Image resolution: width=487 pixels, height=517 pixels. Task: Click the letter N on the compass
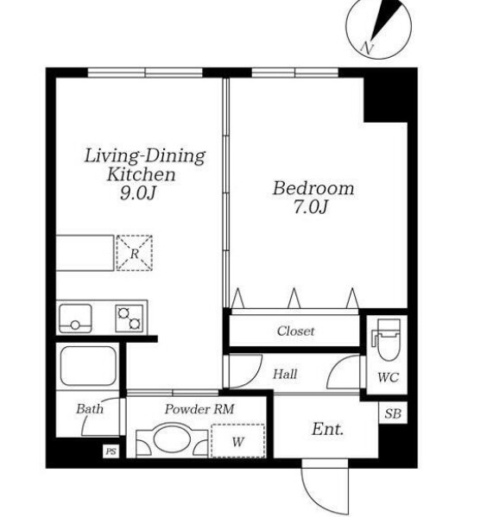coord(367,47)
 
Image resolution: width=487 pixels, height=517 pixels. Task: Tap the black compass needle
coord(386,19)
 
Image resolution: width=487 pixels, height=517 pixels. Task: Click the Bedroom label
coord(313,188)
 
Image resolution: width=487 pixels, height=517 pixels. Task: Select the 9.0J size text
coord(137,192)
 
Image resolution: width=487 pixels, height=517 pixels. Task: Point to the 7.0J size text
coord(311,207)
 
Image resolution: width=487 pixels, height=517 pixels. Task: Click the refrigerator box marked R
coord(135,253)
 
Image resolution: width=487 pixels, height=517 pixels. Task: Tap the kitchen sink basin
coord(75,318)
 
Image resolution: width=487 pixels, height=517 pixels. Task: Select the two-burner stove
coord(129,318)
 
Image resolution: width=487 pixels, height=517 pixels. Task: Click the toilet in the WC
coord(387,339)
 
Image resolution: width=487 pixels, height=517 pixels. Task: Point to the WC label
coord(389,377)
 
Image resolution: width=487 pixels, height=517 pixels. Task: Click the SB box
coord(393,413)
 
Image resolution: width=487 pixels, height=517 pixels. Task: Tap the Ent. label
coord(327,429)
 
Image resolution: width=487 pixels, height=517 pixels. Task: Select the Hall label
coord(285,375)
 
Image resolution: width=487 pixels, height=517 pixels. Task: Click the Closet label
coord(295,331)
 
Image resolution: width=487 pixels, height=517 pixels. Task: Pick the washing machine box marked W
coord(238,441)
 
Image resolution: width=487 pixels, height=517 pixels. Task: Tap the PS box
coord(111,451)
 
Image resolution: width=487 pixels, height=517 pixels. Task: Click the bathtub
coord(88,366)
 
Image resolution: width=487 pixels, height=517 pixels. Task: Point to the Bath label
coord(90,409)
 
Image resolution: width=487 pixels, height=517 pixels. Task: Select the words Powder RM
coord(199,409)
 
